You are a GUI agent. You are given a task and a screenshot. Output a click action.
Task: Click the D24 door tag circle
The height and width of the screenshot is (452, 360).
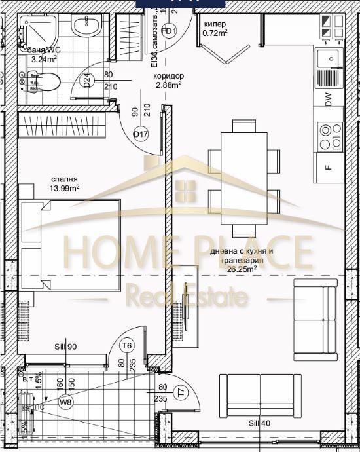tap(86, 81)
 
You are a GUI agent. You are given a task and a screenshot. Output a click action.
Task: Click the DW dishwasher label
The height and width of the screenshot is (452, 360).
tap(329, 100)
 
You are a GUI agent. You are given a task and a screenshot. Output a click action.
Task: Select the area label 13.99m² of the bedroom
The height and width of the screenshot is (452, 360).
tap(66, 188)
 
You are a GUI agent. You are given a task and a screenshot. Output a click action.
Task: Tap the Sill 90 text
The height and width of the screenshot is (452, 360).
tap(67, 347)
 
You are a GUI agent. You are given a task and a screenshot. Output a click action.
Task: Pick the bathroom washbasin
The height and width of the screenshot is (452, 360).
tap(86, 28)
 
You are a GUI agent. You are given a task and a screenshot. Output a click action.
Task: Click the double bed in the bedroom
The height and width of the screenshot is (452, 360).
tap(71, 246)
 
